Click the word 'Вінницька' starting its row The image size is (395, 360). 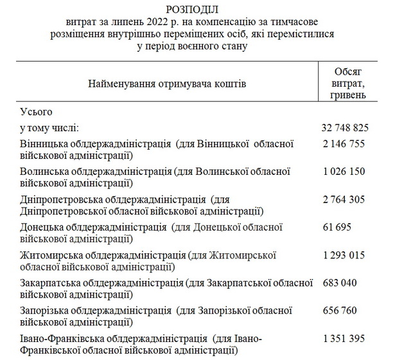44,143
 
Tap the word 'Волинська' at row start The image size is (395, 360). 44,172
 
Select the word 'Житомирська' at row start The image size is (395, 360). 50,256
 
